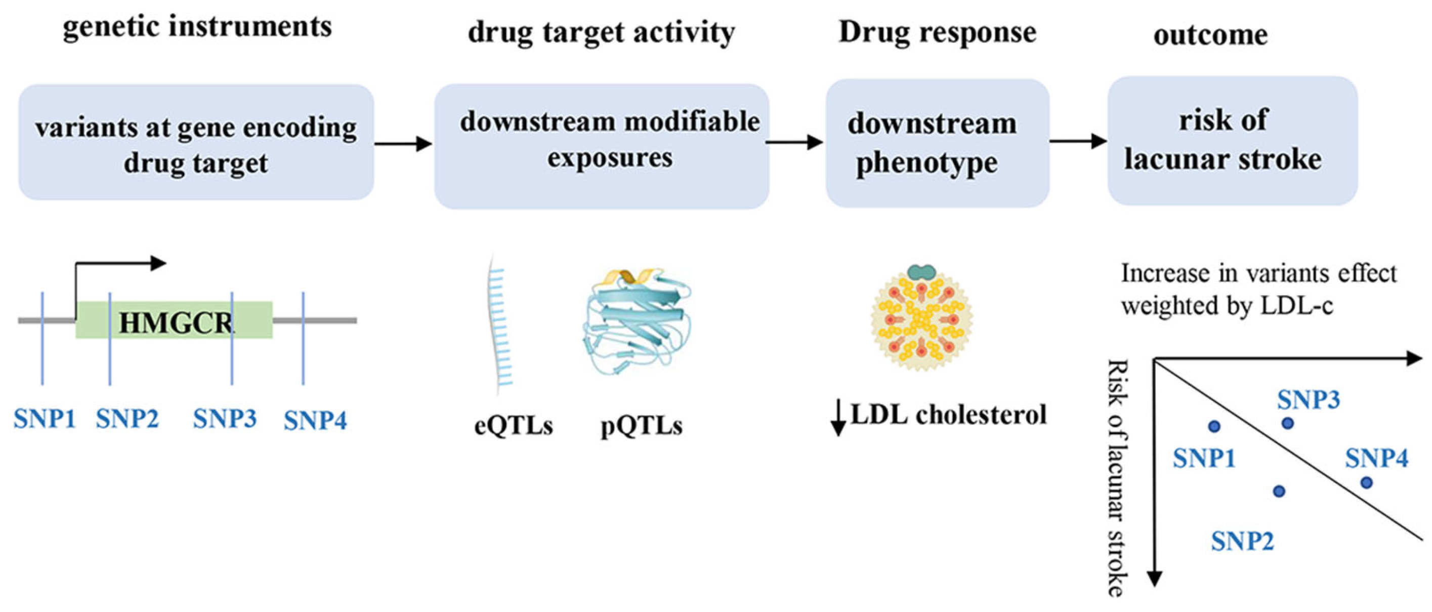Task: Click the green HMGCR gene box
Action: tap(174, 320)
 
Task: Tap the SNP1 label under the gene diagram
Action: tap(45, 419)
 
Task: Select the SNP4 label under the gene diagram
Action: tap(315, 420)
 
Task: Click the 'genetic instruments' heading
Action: tap(197, 27)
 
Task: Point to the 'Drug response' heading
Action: tap(937, 32)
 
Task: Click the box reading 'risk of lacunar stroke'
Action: tap(1233, 141)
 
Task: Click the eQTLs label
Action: tap(513, 426)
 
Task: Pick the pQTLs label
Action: tap(642, 426)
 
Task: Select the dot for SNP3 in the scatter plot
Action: tap(1287, 423)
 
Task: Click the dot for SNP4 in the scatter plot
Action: tap(1366, 482)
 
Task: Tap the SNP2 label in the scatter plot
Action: tap(1242, 541)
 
